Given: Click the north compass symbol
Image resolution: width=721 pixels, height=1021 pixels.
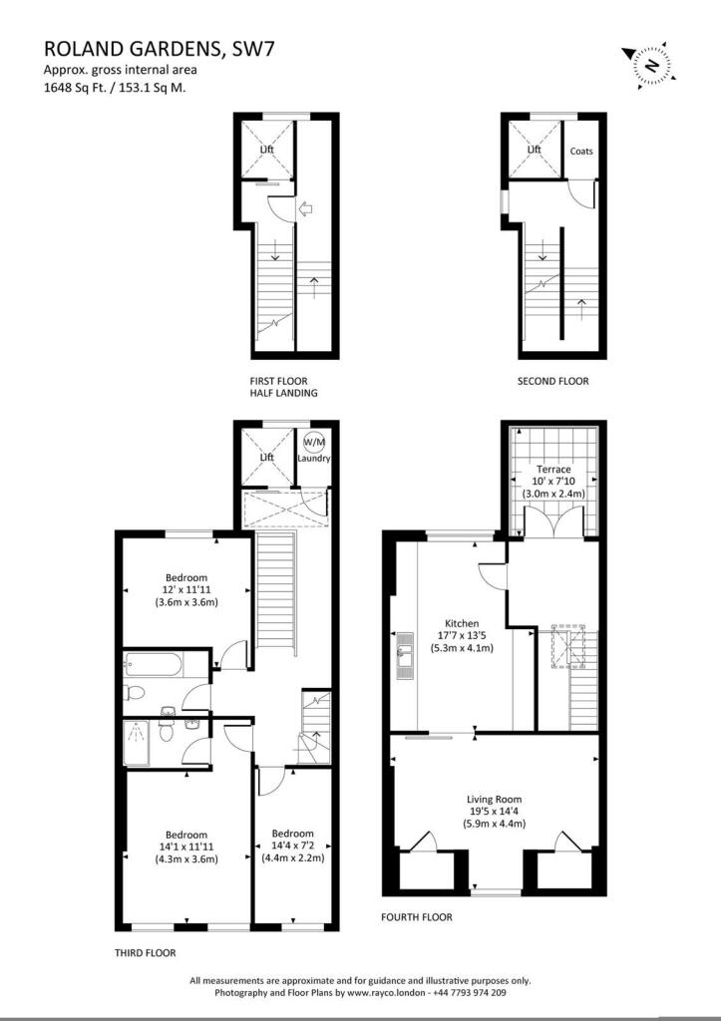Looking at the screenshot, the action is coord(650,65).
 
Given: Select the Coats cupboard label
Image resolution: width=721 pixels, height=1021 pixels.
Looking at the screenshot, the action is coord(581,152).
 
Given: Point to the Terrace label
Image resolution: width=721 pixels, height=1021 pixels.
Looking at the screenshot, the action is coord(553,469).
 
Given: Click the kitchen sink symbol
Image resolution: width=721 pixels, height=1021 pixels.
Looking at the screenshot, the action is coord(405,656).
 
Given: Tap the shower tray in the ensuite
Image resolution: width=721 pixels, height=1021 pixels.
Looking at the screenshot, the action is coord(137,744).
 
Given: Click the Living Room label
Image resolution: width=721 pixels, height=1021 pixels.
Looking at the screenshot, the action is coord(495,800).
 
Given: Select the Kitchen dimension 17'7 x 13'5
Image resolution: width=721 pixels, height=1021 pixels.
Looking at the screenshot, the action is coord(462,635).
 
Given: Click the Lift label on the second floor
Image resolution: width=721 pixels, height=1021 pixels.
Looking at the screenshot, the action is coord(535,150).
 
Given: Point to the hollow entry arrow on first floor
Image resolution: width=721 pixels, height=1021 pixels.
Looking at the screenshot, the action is coord(305,209).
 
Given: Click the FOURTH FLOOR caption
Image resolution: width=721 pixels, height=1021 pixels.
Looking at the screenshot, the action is coord(417,917).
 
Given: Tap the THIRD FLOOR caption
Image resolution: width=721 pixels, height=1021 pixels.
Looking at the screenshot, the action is coord(146,953).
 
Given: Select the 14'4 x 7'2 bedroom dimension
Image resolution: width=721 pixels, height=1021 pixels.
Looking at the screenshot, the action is coord(293,846).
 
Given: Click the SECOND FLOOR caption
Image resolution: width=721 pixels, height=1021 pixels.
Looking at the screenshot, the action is coord(552,382).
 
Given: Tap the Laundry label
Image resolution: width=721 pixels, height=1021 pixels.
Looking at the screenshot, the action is coord(314,459).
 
